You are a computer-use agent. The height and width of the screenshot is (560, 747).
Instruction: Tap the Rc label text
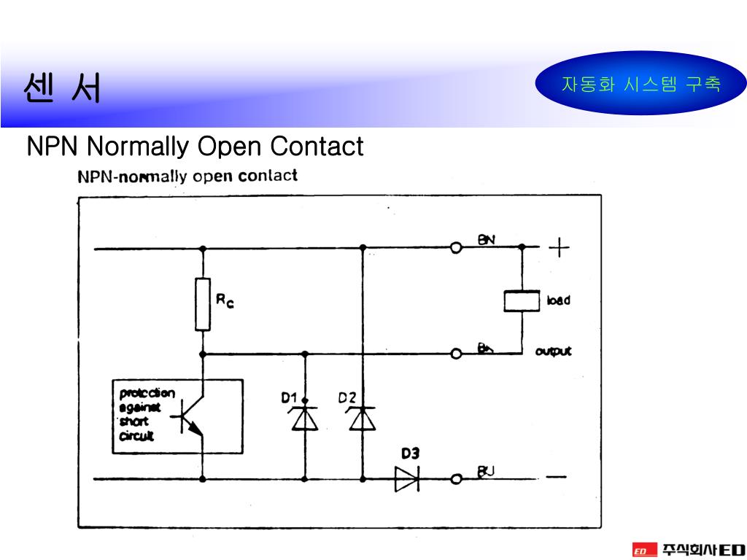(224, 300)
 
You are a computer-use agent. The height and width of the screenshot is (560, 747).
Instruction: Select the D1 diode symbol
(304, 419)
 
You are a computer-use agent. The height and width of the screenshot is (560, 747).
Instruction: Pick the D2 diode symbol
(362, 419)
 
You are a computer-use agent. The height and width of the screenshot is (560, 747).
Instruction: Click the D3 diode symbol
(407, 478)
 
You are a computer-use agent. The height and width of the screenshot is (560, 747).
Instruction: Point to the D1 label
(290, 398)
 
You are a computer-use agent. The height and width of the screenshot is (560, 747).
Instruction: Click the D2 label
(347, 398)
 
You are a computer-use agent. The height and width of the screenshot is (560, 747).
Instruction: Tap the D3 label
(410, 453)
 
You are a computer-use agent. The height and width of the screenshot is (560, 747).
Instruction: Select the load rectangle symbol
(522, 300)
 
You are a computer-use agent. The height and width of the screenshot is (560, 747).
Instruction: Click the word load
(558, 300)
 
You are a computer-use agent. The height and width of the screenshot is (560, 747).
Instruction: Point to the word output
(554, 351)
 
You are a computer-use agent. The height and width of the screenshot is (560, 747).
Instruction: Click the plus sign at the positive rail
(559, 248)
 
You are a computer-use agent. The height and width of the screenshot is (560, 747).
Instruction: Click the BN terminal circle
(456, 249)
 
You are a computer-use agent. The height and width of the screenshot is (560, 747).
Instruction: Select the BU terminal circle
(456, 479)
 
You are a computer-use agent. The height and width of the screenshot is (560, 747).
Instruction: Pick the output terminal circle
(456, 354)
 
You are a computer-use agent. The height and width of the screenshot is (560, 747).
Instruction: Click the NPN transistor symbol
(191, 417)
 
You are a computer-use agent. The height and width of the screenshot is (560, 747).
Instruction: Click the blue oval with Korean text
(640, 85)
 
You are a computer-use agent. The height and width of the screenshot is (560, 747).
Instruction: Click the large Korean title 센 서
(61, 89)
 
